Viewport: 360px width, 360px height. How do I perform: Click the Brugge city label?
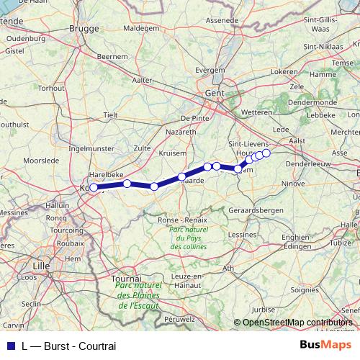point(83,28)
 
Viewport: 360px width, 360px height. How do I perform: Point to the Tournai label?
point(127,277)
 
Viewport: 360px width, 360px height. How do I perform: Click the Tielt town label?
point(110,114)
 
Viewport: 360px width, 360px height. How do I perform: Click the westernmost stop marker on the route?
point(94,187)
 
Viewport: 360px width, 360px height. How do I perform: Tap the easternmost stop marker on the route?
point(266,153)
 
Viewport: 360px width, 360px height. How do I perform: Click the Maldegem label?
point(140,28)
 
